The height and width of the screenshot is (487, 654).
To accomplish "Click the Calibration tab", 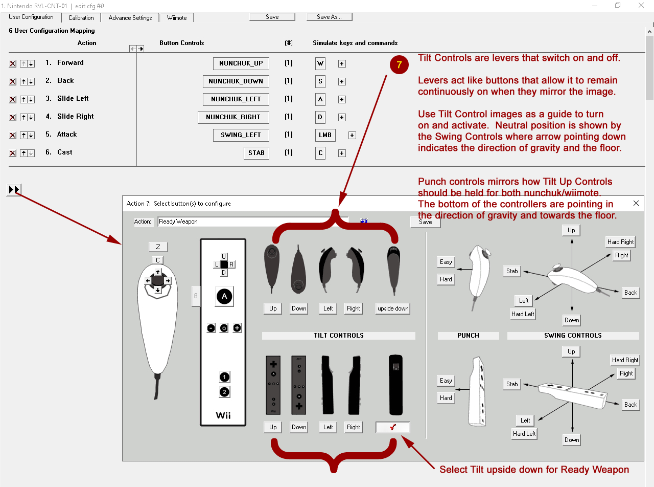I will point(81,17).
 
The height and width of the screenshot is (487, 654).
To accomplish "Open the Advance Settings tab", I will point(130,17).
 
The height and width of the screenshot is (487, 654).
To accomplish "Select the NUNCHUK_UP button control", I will point(241,63).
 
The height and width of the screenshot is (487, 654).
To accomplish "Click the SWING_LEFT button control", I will point(241,135).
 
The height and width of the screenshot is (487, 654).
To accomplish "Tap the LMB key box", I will point(325,135).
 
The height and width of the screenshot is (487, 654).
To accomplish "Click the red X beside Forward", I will point(13,64).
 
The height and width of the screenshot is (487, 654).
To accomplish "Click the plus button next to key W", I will point(342,64).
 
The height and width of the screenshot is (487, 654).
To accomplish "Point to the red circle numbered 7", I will point(399,65).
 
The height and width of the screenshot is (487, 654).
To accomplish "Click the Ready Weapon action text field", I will point(252,222).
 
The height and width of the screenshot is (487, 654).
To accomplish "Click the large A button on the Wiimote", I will point(224,296).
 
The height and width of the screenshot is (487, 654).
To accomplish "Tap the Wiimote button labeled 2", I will point(224,392).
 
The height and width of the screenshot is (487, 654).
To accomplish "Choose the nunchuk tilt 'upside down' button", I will point(393,308).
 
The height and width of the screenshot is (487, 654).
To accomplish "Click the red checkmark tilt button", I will point(392,427).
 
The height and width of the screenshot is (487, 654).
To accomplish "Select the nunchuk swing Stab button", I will point(512,271).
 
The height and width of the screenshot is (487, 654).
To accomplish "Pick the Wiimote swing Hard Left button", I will point(524,434).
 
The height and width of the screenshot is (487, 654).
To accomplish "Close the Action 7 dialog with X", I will point(636,203).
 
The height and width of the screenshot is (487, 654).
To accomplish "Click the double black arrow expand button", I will point(14,190).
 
